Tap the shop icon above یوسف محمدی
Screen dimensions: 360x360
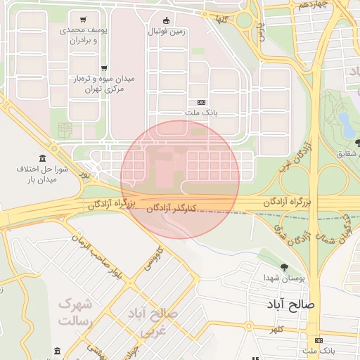tap(84, 20)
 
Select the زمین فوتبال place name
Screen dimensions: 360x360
tap(166, 32)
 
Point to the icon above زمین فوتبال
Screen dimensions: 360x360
tap(166, 20)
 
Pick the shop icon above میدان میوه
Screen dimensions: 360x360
tap(104, 68)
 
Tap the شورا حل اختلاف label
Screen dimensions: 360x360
tap(41, 174)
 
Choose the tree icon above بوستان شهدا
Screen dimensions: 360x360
tap(284, 267)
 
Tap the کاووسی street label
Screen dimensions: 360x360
tap(152, 259)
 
